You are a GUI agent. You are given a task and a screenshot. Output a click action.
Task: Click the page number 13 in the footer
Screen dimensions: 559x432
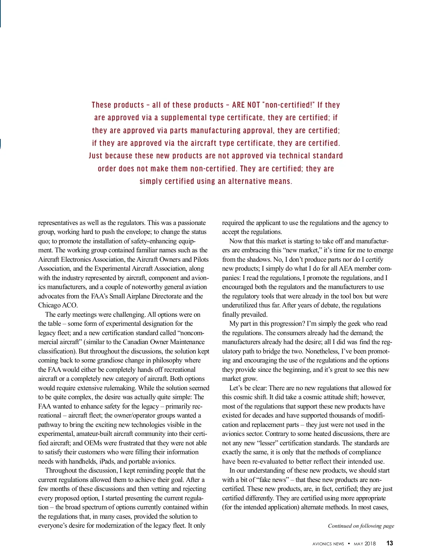[390, 543]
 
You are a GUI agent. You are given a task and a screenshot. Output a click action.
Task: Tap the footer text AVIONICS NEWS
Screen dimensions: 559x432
[328, 544]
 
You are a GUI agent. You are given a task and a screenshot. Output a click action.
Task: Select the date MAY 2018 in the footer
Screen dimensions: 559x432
[365, 544]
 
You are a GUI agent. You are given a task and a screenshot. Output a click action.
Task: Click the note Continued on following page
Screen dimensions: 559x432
[361, 526]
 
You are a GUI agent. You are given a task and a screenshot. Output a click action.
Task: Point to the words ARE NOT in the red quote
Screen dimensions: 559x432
[246, 105]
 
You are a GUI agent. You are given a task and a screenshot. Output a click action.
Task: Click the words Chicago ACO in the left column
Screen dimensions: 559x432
[58, 305]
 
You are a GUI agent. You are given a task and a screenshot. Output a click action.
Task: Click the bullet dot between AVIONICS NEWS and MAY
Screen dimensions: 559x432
[349, 544]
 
